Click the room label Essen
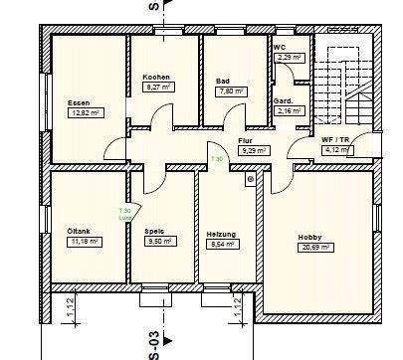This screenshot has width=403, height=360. pos(79,103)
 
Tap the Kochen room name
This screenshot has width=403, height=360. pos(155,77)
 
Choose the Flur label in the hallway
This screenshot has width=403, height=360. pos(245,140)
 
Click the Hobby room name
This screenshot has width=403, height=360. pos(308,236)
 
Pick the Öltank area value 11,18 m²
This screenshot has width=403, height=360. pos(82,241)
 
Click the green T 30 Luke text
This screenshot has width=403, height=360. pos(124,213)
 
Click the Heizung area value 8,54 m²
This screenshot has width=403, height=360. pos(221,244)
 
